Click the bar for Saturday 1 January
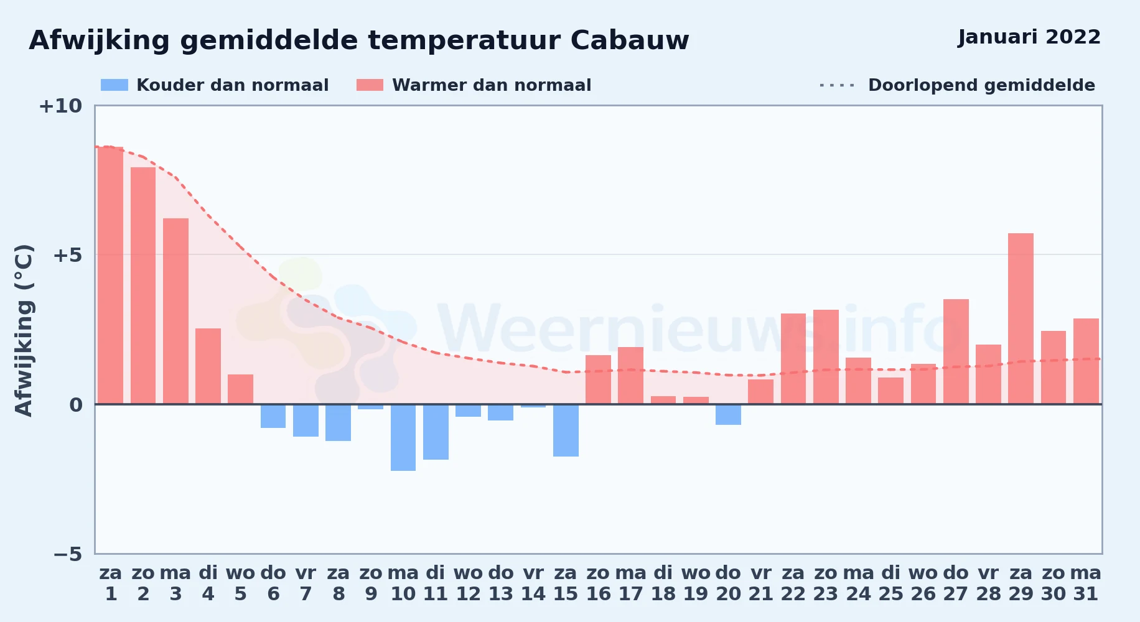(111, 276)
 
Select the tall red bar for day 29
(1021, 318)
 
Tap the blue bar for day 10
(403, 437)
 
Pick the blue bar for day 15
(566, 430)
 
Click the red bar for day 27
(956, 351)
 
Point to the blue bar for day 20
(728, 414)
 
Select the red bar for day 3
(175, 311)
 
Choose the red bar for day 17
(630, 376)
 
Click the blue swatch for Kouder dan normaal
(114, 85)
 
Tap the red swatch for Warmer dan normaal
(370, 85)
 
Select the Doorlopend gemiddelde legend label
(981, 85)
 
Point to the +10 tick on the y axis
(60, 106)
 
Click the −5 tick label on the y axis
(68, 554)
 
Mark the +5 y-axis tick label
(68, 255)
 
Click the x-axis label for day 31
(1086, 583)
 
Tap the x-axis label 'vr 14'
(533, 583)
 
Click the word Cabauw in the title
(630, 40)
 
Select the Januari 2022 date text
(1029, 37)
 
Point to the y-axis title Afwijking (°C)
(24, 330)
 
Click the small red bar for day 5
(240, 389)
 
